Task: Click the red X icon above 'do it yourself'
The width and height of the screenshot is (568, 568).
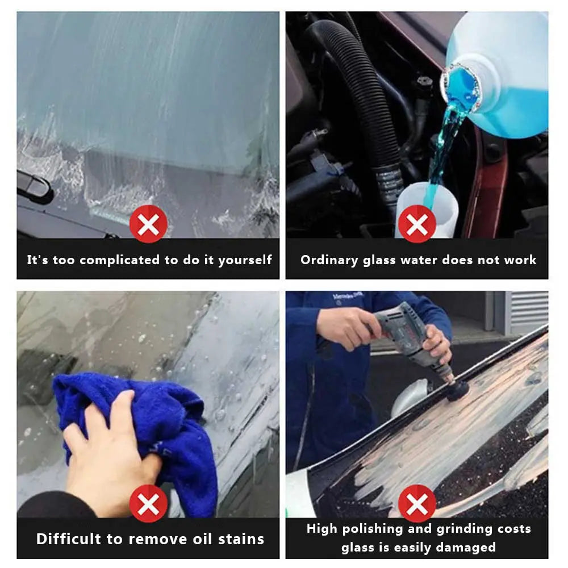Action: tap(148, 224)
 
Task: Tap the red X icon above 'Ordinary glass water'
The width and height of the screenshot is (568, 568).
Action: tap(417, 224)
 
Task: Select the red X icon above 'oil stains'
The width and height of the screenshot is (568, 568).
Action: tap(148, 503)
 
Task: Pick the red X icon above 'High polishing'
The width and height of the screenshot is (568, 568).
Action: tap(417, 503)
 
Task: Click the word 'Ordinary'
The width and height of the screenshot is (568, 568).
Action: tap(329, 260)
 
